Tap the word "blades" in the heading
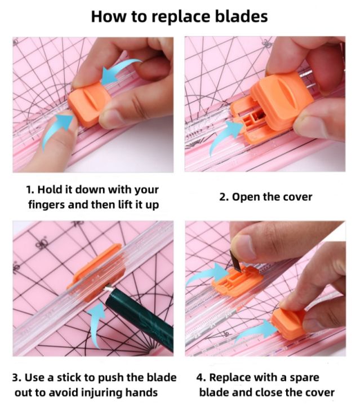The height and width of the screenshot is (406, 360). click(x=240, y=16)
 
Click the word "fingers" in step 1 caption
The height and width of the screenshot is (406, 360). click(x=46, y=204)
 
